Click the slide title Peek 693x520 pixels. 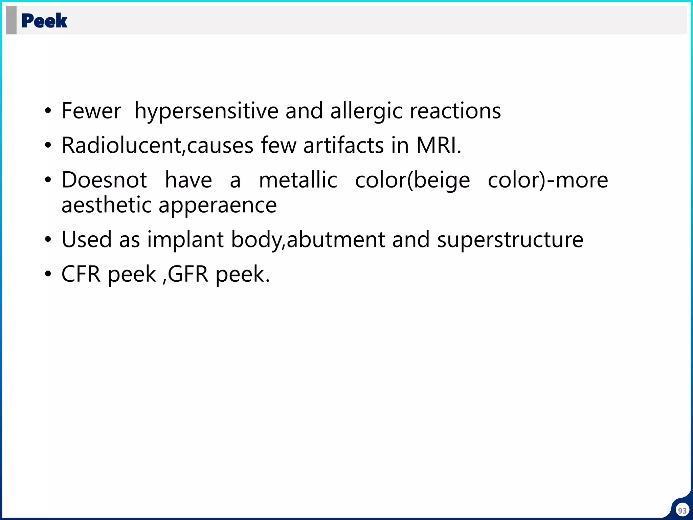[x=44, y=21]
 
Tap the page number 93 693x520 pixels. [x=682, y=511]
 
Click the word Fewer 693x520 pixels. [x=91, y=111]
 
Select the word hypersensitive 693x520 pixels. [x=206, y=111]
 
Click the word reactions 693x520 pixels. [x=455, y=111]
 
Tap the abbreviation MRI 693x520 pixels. [x=438, y=145]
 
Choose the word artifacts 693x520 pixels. [x=343, y=145]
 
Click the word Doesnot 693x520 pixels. [x=104, y=180]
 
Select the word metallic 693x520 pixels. [x=298, y=180]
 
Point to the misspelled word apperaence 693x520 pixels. [x=218, y=205]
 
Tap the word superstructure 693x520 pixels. [x=510, y=239]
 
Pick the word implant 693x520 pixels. [x=185, y=239]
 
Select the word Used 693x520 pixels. [x=87, y=239]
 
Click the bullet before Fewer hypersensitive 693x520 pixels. [x=48, y=111]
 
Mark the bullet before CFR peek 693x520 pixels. [x=48, y=274]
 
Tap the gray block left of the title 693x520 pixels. [x=11, y=20]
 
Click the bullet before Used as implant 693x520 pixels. [x=48, y=240]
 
